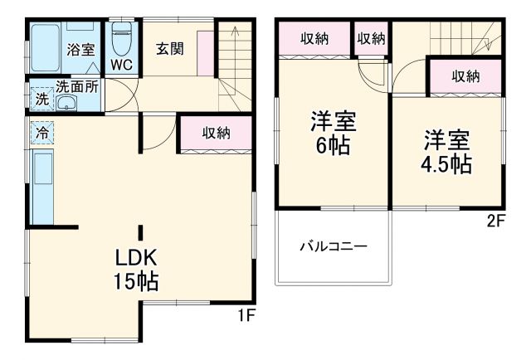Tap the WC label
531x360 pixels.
coord(120,64)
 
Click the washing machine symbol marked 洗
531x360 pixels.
coord(41,99)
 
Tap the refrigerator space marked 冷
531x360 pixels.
coord(41,132)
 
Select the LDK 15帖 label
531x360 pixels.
coord(137,268)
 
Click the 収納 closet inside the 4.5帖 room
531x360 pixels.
coord(465,77)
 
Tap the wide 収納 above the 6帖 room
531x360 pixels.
coord(314,38)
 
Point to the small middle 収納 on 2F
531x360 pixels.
coord(372,38)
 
